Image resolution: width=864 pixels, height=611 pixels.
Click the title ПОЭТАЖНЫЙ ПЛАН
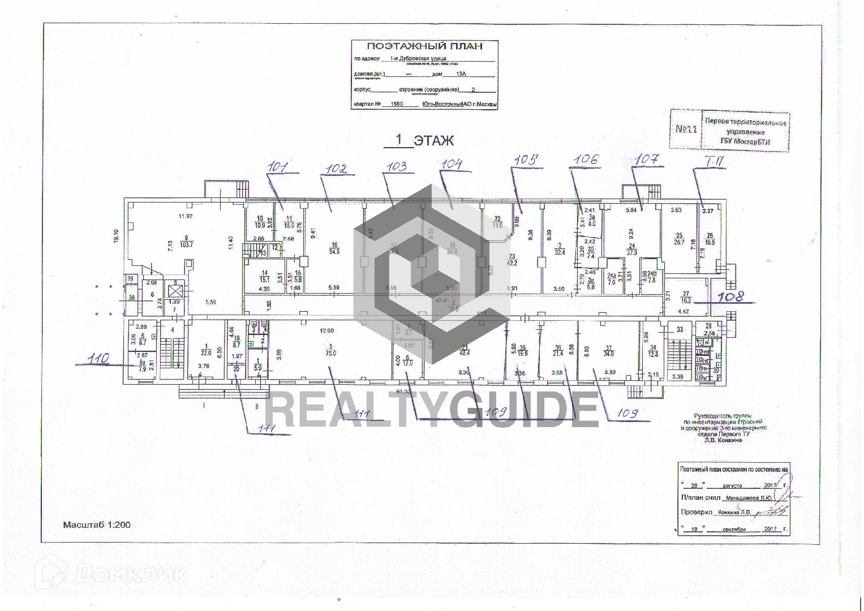pos(424,46)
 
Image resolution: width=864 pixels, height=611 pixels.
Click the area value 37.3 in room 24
pos(632,252)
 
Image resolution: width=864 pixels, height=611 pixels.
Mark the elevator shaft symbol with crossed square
pos(176,292)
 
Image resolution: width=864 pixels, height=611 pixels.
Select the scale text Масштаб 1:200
pos(96,524)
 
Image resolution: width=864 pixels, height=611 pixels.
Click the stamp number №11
pos(686,130)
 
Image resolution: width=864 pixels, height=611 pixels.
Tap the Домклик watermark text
pos(130,575)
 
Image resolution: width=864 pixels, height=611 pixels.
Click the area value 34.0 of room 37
pos(608,354)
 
